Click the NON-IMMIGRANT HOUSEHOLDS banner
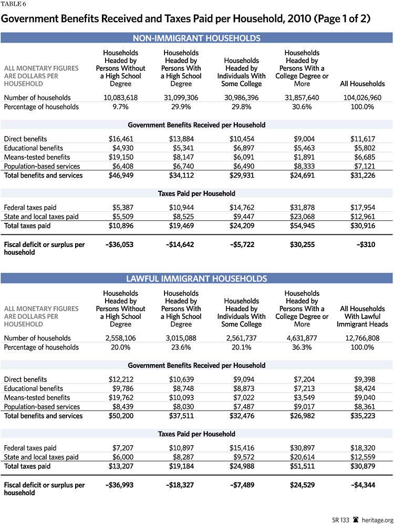pos(196,38)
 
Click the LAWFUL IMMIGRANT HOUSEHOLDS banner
pos(196,279)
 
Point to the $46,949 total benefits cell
pos(123,175)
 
